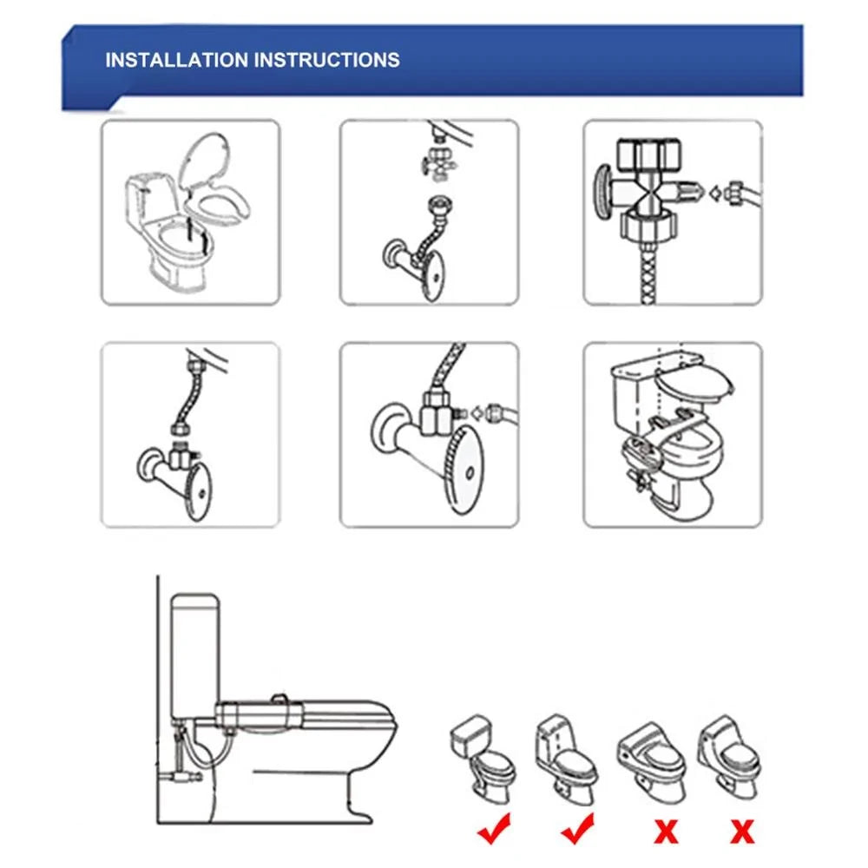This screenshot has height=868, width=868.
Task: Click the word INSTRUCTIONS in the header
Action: coord(327,60)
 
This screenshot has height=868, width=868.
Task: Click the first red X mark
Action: coord(666,832)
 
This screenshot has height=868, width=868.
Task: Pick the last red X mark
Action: coord(741,832)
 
